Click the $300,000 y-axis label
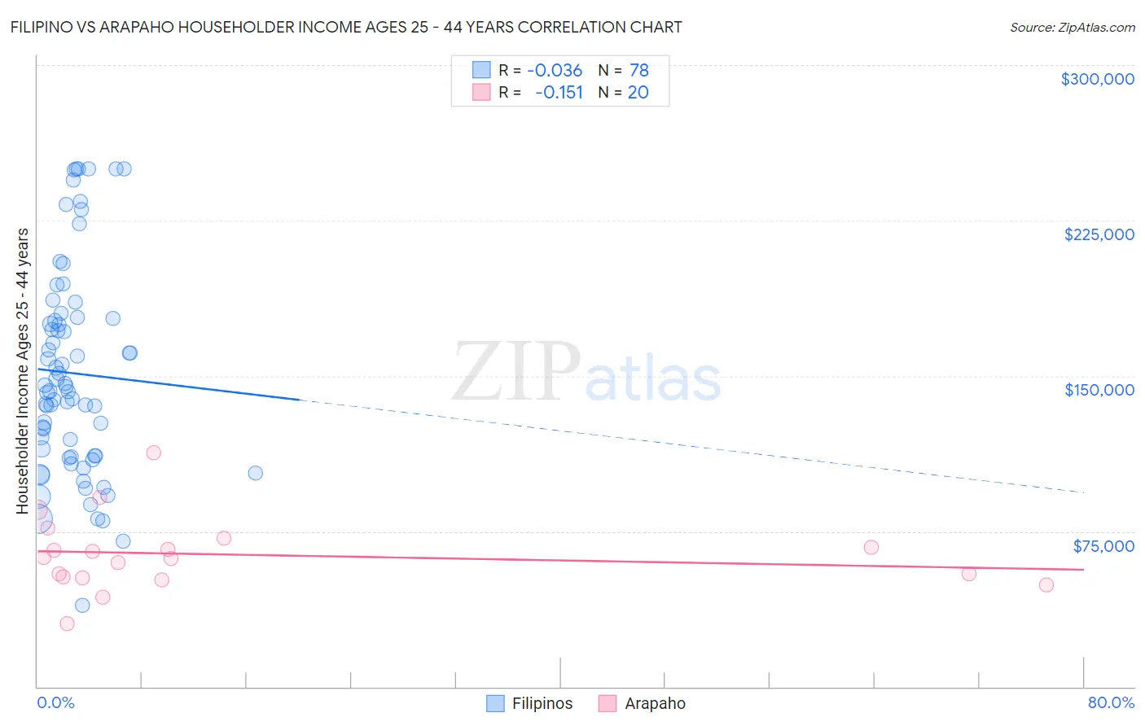(x=1097, y=79)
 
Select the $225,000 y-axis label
(x=1099, y=234)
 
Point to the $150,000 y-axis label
(x=1099, y=390)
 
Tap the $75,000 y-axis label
(x=1103, y=545)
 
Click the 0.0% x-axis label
(x=55, y=702)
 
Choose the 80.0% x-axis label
(x=1111, y=702)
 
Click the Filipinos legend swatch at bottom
(x=495, y=703)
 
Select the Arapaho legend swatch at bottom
(x=608, y=703)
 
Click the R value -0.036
(x=555, y=71)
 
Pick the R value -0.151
(x=559, y=93)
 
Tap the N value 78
(x=638, y=71)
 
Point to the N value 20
(x=638, y=93)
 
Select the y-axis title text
(x=22, y=370)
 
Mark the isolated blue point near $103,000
(x=255, y=473)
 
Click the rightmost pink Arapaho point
(x=1046, y=584)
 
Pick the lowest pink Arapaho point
(x=67, y=623)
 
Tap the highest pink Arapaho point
(x=153, y=453)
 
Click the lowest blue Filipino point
(x=82, y=605)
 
